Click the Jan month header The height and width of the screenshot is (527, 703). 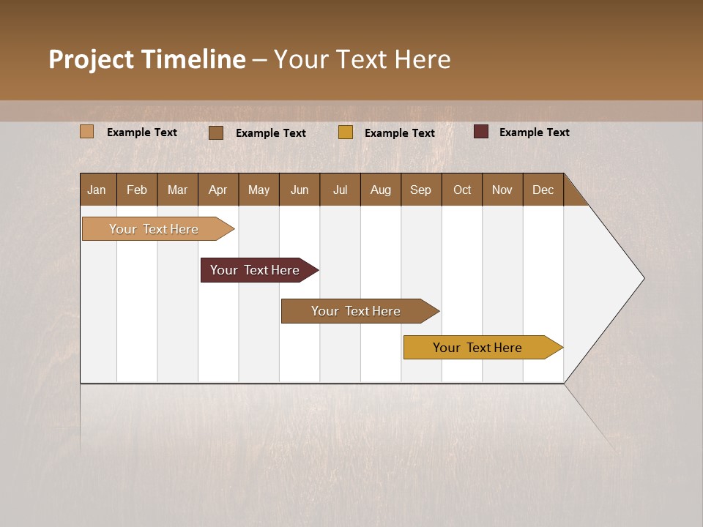point(97,190)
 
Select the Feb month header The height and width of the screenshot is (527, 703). point(137,190)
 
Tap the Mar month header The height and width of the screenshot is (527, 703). point(177,190)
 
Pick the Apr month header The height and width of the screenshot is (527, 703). point(218,190)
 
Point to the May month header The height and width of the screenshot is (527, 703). point(258,190)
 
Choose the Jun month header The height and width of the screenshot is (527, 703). point(300,190)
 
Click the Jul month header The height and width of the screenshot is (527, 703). point(340,190)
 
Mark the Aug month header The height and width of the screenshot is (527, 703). point(381,190)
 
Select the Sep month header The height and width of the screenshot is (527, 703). point(421,190)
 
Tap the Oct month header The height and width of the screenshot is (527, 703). point(462,190)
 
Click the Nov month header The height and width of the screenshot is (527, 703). point(502,190)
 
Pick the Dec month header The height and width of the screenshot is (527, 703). point(543,190)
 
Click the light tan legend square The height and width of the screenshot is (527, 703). point(86,132)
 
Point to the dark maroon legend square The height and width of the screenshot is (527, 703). point(481,132)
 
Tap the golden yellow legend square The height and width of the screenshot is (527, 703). point(346,132)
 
